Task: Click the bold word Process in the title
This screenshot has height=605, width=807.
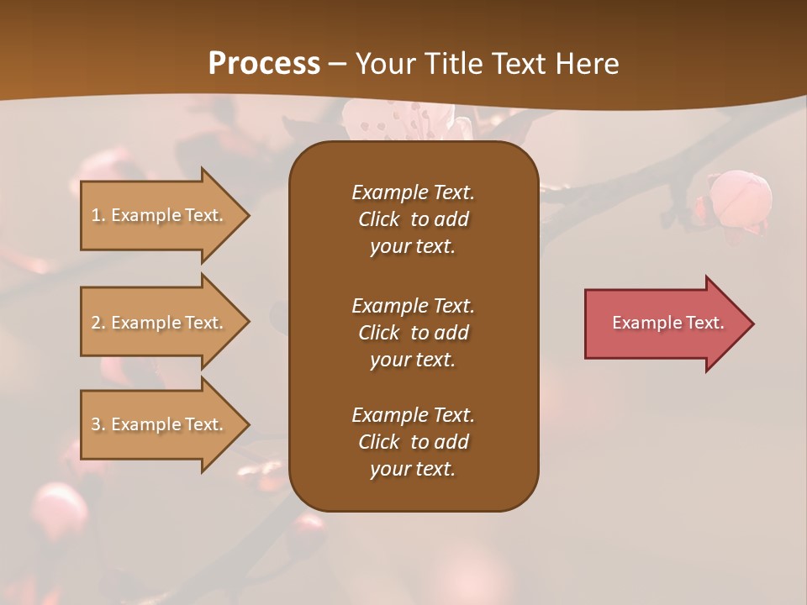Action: (x=264, y=64)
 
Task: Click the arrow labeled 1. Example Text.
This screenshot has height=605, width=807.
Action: (x=160, y=215)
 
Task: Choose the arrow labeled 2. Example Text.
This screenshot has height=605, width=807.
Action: (x=160, y=323)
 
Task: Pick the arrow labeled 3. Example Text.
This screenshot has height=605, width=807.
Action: (x=160, y=424)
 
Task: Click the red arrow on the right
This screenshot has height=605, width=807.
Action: (x=664, y=324)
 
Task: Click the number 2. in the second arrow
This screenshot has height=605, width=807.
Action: (x=98, y=323)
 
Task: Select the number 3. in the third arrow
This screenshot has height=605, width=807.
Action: (x=98, y=424)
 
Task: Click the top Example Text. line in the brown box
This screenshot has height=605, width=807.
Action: (x=413, y=192)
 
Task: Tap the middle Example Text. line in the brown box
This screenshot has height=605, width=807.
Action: (x=413, y=305)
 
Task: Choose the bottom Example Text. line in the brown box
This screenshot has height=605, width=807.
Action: (x=413, y=415)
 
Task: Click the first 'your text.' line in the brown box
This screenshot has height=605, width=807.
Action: (x=413, y=247)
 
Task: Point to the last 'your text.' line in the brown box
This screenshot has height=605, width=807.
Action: (x=413, y=470)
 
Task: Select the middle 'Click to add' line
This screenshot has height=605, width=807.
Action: (x=413, y=333)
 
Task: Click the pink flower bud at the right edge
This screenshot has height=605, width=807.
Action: (x=740, y=198)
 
